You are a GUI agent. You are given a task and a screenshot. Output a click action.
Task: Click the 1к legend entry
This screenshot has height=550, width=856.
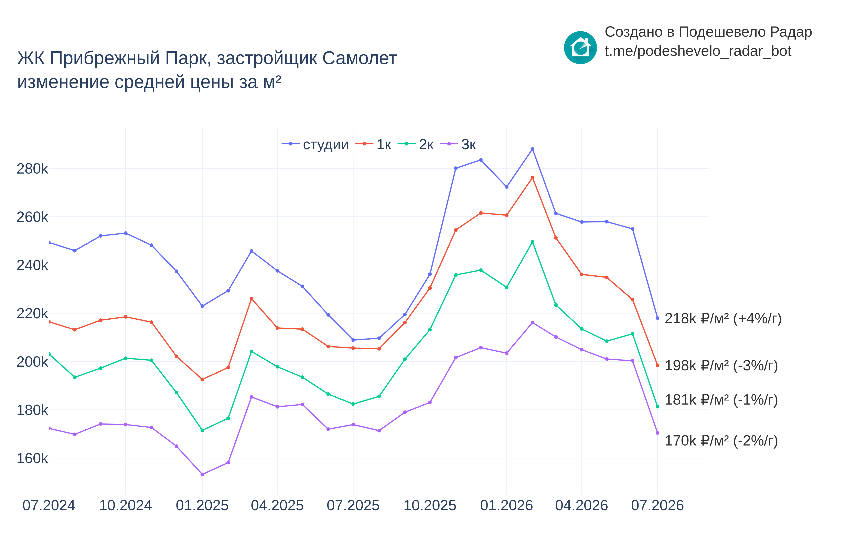tap(373, 144)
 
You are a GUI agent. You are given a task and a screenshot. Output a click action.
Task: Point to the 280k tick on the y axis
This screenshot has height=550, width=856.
tap(32, 169)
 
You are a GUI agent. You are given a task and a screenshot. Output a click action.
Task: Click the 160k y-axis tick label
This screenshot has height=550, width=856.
tap(32, 458)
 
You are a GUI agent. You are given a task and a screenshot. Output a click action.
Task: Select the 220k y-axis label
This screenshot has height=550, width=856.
tap(32, 313)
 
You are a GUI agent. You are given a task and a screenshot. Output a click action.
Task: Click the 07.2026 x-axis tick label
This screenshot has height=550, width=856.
tap(657, 505)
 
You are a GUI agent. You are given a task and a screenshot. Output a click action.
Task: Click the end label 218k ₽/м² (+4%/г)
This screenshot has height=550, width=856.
tap(723, 318)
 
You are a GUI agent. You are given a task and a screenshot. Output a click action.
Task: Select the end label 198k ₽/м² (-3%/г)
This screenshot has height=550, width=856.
tap(721, 365)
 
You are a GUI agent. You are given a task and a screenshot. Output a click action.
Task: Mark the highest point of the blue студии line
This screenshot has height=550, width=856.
tap(532, 149)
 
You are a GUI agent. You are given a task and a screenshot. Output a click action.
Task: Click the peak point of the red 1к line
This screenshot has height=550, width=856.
tap(532, 177)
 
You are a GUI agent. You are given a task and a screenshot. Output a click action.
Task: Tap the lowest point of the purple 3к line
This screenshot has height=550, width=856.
tap(202, 474)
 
